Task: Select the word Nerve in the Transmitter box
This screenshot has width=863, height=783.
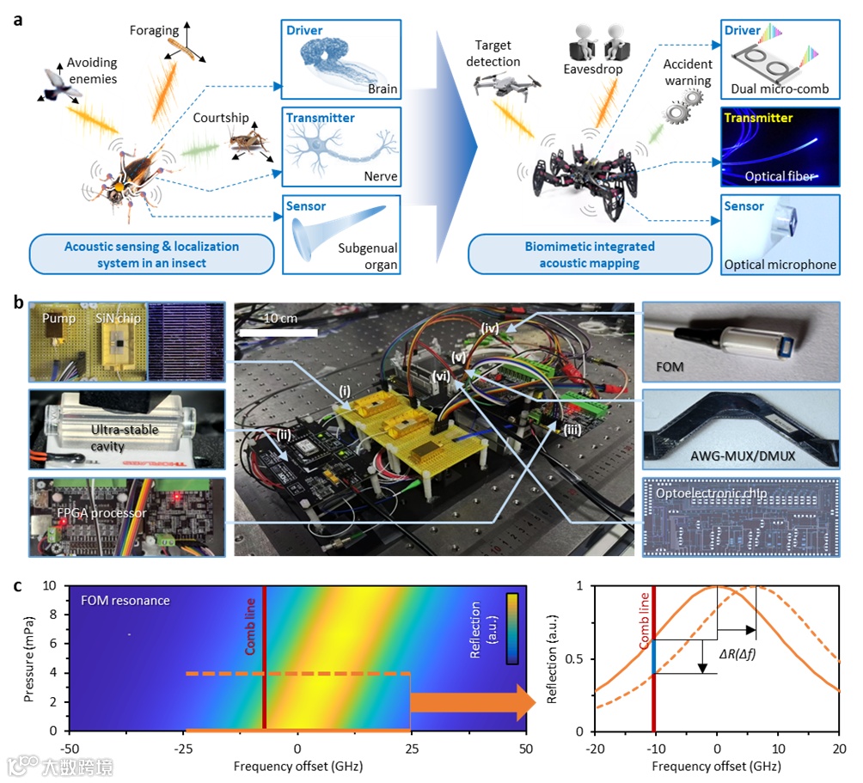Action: tap(380, 176)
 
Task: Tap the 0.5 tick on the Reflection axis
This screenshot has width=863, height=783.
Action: tap(578, 658)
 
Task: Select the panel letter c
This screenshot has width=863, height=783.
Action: tap(17, 587)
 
